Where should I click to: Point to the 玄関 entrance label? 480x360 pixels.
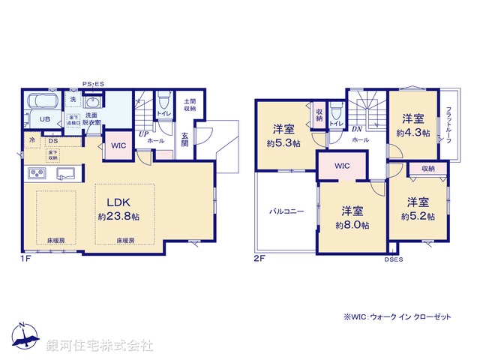coord(184,139)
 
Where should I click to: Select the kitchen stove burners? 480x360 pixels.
coord(37,174)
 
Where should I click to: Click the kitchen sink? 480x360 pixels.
coord(65,174)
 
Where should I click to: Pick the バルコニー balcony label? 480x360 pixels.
coord(286,211)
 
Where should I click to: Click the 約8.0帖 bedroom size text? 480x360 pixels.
coord(352,225)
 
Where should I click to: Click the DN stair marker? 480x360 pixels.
coord(356,129)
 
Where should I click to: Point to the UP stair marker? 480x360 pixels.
coord(142,133)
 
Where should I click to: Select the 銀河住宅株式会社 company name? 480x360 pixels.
coord(100,346)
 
